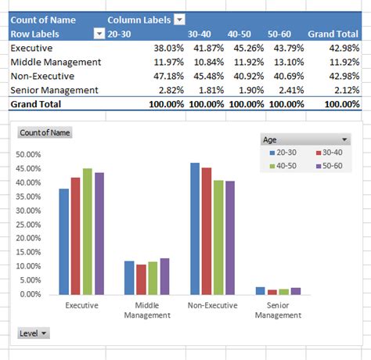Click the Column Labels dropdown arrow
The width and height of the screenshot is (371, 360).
tap(180, 20)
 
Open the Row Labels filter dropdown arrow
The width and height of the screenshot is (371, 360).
tap(99, 34)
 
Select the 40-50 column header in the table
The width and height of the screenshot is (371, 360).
tap(239, 34)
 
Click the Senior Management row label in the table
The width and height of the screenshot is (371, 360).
tap(55, 90)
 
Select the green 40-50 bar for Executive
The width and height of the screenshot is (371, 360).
tap(87, 232)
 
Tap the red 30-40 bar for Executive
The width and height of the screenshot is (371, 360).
tap(75, 236)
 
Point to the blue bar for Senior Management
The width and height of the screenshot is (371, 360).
tap(261, 290)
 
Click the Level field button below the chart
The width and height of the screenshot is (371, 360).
tap(34, 333)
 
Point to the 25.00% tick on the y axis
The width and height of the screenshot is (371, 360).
tap(29, 225)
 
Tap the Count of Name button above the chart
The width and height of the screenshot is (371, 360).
tap(45, 133)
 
